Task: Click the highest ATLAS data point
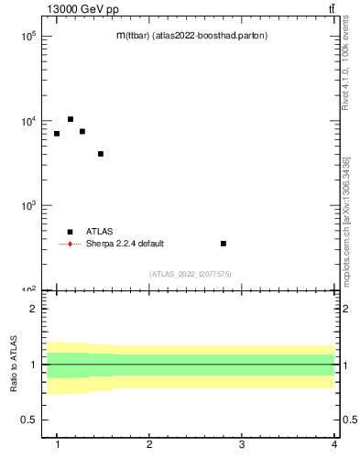71,119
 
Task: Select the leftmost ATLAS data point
57,134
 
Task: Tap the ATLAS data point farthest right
224,244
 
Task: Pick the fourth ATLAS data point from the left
101,154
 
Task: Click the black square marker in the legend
71,232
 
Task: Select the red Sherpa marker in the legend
71,244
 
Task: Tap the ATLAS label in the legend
100,232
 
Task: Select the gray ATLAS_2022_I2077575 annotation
191,274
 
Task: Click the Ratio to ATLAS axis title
15,364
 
